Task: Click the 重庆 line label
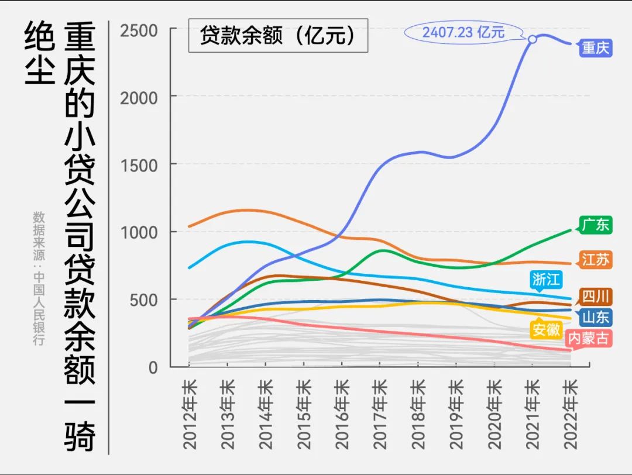point(596,48)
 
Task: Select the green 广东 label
point(596,225)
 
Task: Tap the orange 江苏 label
point(596,260)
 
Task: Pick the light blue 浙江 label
point(546,279)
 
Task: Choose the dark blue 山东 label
point(596,318)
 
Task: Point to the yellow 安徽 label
point(546,329)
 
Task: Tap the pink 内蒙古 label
point(589,339)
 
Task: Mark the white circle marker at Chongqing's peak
point(533,39)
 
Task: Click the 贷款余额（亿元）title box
point(278,36)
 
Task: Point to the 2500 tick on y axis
point(139,30)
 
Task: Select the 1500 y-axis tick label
point(139,165)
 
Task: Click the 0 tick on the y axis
point(153,368)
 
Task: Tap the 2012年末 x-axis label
point(189,414)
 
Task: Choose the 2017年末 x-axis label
point(380,414)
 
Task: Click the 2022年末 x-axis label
point(571,414)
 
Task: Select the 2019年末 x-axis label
point(456,414)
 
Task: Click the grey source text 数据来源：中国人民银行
point(39,278)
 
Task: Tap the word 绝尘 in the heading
point(39,53)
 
